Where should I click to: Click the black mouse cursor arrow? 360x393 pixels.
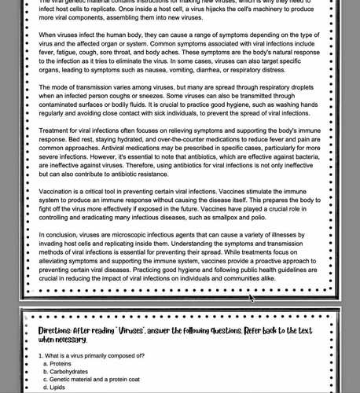pos(252,297)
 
